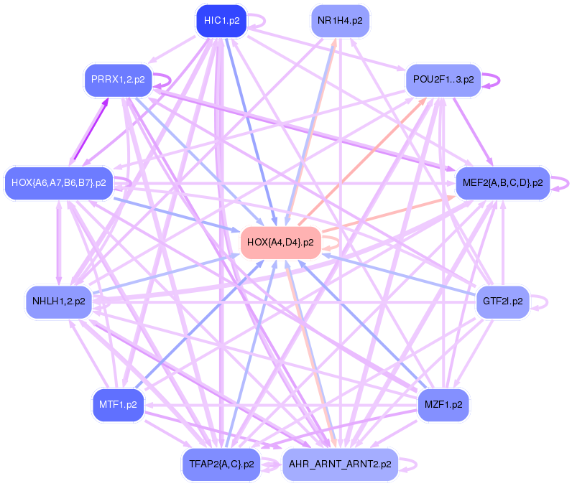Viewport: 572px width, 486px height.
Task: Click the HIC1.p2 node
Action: tap(221, 21)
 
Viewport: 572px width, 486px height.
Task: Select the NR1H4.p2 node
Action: tap(340, 21)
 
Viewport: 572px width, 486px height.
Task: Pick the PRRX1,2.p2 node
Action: tap(119, 79)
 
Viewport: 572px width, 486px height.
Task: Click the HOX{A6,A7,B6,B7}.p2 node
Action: tap(58, 183)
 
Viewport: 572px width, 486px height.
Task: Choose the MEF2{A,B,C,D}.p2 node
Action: tap(502, 183)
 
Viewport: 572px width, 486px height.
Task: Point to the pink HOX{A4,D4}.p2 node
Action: tap(280, 242)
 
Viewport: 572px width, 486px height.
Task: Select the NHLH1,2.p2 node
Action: tap(59, 301)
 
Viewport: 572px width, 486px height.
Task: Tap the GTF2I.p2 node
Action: tap(503, 301)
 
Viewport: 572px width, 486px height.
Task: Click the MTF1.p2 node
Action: tap(119, 405)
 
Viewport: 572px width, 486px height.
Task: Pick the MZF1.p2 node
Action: tap(443, 405)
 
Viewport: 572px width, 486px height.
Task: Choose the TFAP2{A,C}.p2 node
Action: tap(221, 464)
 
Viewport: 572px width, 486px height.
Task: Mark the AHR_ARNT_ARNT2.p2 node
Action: tap(340, 464)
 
